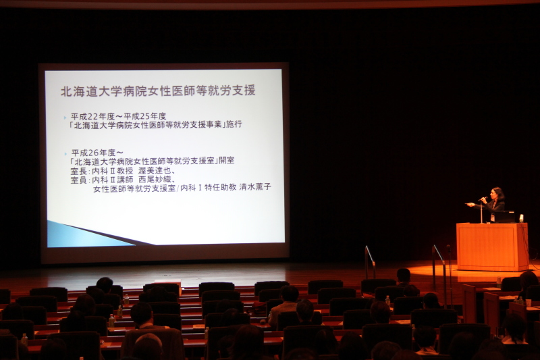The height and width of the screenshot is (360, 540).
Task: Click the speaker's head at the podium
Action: [x=497, y=194]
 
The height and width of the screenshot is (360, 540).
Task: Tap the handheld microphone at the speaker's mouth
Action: [x=483, y=199]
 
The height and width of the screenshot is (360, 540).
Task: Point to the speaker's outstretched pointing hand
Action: [x=468, y=205]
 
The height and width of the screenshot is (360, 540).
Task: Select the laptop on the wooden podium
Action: [x=504, y=217]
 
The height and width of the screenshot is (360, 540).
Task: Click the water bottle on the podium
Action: [x=521, y=218]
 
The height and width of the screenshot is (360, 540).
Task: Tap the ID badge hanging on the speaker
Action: [x=493, y=217]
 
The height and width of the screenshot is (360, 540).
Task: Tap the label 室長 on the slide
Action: [x=78, y=171]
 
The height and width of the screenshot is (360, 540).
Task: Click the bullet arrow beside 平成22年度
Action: [x=65, y=118]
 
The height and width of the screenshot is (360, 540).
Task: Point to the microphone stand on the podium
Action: [x=481, y=212]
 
